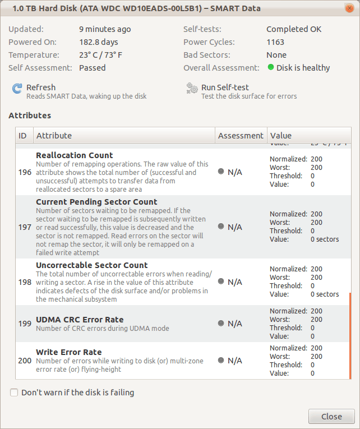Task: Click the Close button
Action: point(331,416)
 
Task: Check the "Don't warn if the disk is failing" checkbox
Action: point(14,393)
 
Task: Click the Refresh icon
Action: point(17,89)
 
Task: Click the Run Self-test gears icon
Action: point(192,89)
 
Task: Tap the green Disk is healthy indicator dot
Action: point(271,68)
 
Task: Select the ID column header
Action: point(23,136)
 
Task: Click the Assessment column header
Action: point(241,136)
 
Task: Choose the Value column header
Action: point(281,136)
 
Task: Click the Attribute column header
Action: point(54,136)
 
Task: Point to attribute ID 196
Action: point(25,172)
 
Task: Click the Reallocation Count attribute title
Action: point(74,155)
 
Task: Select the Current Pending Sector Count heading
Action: point(96,202)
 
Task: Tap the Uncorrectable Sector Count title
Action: point(91,265)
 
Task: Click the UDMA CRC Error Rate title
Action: point(80,320)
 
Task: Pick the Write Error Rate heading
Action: point(68,352)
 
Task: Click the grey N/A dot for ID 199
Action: point(221,323)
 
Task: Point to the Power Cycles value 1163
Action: point(275,42)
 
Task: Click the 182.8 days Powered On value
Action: point(99,42)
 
